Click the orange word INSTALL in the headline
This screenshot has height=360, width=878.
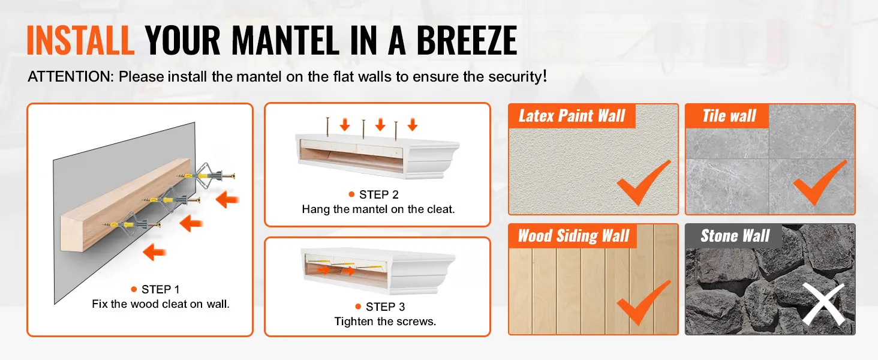tap(81, 40)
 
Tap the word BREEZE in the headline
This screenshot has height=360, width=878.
tap(467, 40)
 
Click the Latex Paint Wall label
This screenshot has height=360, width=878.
tap(572, 116)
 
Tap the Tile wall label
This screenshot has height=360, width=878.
tap(729, 116)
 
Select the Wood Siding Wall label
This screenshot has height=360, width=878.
tap(573, 236)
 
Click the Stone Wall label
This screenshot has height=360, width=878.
tap(735, 236)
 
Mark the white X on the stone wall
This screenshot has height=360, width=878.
tap(823, 304)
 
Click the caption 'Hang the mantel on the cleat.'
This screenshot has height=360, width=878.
tap(378, 209)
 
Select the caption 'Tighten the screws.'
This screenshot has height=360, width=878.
tap(385, 322)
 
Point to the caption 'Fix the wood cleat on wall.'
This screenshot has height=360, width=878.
tap(161, 304)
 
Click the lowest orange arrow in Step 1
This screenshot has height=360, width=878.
tap(155, 252)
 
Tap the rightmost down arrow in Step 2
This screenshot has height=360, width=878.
tap(413, 125)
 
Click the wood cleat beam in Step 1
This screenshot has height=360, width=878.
tap(125, 204)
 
